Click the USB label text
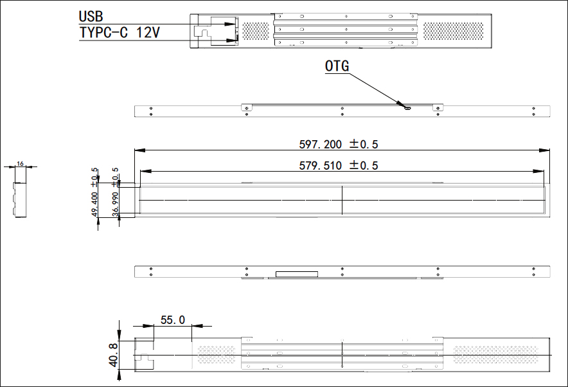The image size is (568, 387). pos(91,15)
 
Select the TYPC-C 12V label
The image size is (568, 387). pos(120,33)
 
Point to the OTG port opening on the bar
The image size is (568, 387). pos(407,107)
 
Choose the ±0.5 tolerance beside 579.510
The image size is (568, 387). pos(364,165)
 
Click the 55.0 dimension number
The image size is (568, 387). pos(172,319)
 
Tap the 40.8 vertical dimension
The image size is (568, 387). pos(114,354)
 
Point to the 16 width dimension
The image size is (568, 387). pos(20,164)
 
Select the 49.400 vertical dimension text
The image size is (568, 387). pos(94,204)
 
